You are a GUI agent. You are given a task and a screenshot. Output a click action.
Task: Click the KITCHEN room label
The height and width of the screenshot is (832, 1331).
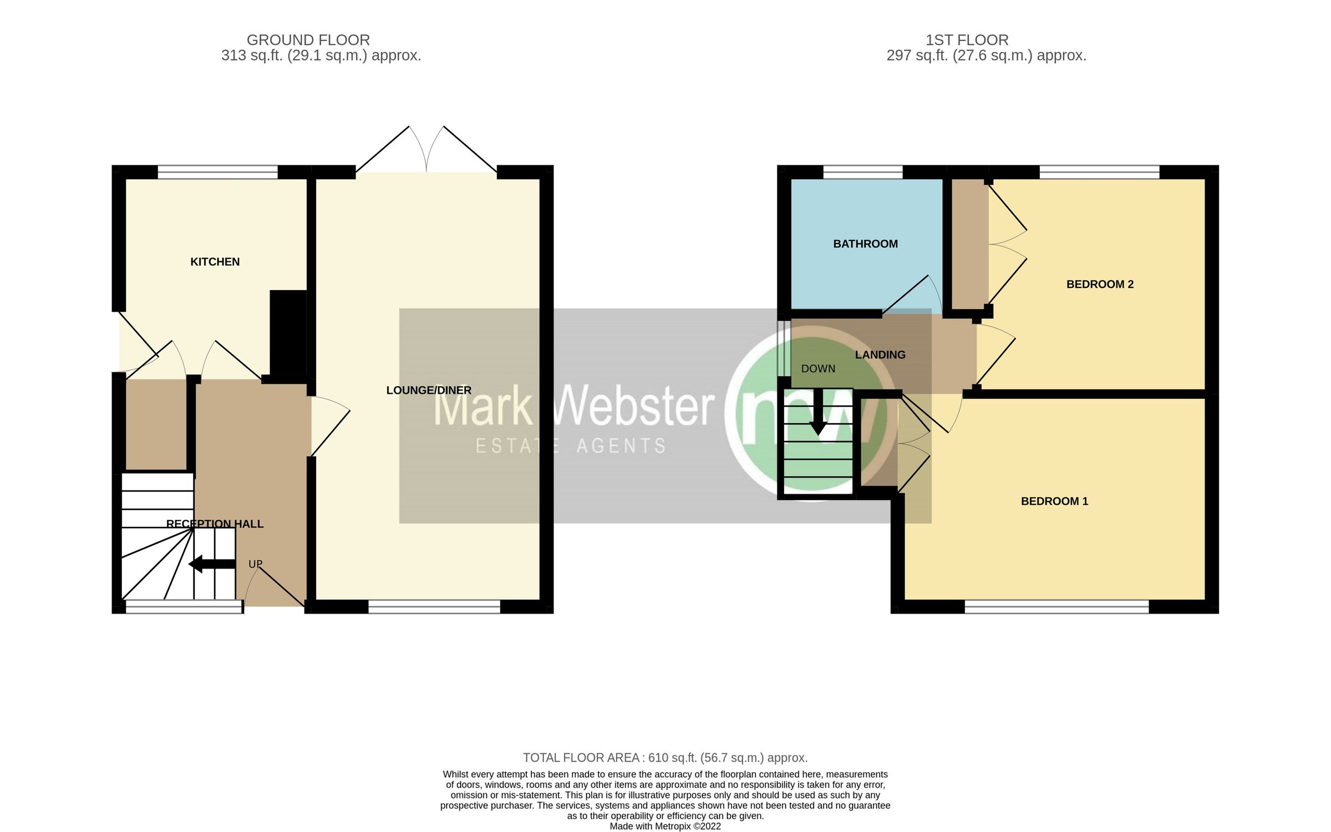pyautogui.click(x=215, y=262)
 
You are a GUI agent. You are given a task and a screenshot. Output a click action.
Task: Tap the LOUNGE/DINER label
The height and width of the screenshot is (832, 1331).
pyautogui.click(x=428, y=390)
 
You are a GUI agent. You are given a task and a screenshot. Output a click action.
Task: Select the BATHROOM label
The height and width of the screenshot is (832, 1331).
pyautogui.click(x=865, y=244)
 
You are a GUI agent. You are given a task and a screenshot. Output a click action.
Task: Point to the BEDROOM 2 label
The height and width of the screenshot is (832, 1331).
pyautogui.click(x=1100, y=285)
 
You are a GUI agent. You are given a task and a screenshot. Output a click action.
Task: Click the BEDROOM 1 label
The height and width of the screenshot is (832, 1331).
pyautogui.click(x=1054, y=501)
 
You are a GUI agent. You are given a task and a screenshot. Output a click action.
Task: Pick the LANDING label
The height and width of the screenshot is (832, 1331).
pyautogui.click(x=880, y=355)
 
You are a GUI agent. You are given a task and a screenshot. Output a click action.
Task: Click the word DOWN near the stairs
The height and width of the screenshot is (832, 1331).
pyautogui.click(x=818, y=369)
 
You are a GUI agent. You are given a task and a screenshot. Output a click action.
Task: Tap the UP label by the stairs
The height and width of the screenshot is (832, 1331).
pyautogui.click(x=255, y=564)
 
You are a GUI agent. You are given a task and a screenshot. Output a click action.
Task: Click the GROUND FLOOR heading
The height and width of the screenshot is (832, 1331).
pyautogui.click(x=308, y=40)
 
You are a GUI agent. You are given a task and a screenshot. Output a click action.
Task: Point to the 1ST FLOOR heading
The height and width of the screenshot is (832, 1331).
pyautogui.click(x=967, y=40)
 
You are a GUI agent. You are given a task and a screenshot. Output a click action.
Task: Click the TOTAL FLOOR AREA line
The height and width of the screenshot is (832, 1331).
pyautogui.click(x=665, y=758)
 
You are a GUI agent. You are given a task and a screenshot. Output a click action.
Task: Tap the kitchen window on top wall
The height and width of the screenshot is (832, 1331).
pyautogui.click(x=217, y=172)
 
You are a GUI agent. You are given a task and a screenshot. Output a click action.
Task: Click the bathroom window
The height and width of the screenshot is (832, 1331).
pyautogui.click(x=863, y=172)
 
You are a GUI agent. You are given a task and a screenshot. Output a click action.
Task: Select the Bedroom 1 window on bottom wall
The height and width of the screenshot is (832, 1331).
pyautogui.click(x=1056, y=607)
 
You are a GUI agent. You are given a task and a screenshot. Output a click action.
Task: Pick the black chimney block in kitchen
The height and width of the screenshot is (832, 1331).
pyautogui.click(x=288, y=333)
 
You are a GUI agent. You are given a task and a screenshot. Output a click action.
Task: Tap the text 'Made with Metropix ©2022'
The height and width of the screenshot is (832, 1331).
pyautogui.click(x=665, y=826)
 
